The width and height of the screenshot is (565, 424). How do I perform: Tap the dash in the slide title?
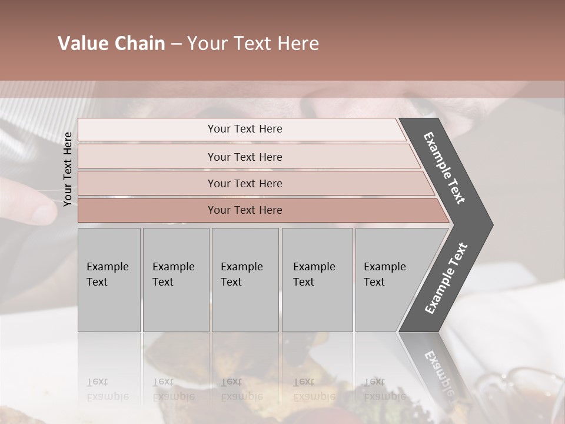click(176, 44)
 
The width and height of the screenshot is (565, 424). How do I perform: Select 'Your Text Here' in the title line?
click(253, 44)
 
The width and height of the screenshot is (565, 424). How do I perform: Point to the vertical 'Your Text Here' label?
click(68, 169)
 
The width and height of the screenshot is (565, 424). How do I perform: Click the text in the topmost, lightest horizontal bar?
click(245, 129)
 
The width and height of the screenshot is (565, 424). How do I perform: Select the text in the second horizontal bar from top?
click(245, 157)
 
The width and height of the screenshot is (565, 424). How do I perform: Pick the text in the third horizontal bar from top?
click(245, 184)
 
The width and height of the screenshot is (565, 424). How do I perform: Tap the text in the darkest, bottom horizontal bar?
click(245, 210)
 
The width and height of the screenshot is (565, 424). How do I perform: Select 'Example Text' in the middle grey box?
click(241, 274)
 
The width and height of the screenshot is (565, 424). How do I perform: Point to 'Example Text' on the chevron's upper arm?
click(444, 168)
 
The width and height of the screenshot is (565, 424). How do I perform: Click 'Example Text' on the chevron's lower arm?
click(446, 278)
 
